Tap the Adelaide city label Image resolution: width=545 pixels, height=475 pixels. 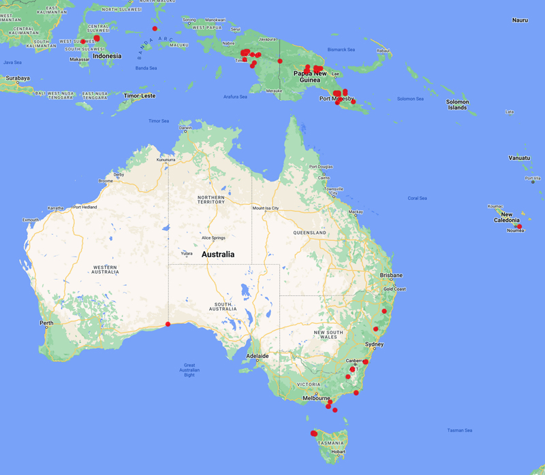pos(258,356)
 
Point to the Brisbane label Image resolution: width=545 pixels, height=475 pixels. pos(391,276)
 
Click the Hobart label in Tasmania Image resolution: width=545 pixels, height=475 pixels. pos(339,451)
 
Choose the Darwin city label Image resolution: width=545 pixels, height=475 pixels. pos(185,127)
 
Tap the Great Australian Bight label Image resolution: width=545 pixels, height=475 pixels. pos(189,370)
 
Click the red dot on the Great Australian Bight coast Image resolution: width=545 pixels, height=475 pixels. pos(168,324)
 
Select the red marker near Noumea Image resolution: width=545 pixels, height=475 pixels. pos(519,227)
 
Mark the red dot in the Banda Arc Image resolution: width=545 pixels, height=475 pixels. pos(155,29)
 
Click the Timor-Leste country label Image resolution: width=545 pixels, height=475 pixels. pos(139,96)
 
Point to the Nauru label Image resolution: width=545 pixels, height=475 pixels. pos(520,20)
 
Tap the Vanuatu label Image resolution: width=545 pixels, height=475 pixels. pos(519,158)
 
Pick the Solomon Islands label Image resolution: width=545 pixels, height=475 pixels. pos(457,105)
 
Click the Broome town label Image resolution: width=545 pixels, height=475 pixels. pos(105,181)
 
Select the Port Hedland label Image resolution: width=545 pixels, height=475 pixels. pos(86,207)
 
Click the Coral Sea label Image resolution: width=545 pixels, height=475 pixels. pos(417,198)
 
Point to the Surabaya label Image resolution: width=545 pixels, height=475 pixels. pos(18,78)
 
